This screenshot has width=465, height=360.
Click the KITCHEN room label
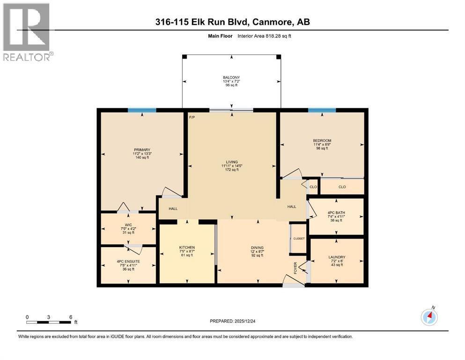tap(187, 247)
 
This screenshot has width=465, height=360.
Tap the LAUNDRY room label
tap(337, 257)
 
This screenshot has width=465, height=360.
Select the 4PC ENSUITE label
tap(128, 261)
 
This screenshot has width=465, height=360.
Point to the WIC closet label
tap(128, 225)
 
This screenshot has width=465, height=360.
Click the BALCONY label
tap(231, 77)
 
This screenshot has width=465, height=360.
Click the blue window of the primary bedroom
tap(142, 110)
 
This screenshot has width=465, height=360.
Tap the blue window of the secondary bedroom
tap(322, 110)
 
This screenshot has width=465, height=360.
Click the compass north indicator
tap(429, 317)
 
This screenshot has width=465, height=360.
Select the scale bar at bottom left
tap(49, 322)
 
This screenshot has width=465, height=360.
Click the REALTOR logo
tap(27, 31)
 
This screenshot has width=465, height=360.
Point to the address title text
tap(232, 22)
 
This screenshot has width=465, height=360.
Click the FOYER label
tap(295, 268)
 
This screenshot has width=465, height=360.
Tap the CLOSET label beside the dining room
tap(299, 239)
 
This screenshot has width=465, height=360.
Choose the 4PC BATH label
tap(336, 212)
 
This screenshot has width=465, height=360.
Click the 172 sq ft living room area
tap(232, 170)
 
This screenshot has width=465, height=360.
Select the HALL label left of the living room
tap(173, 208)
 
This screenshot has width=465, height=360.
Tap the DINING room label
tap(257, 247)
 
